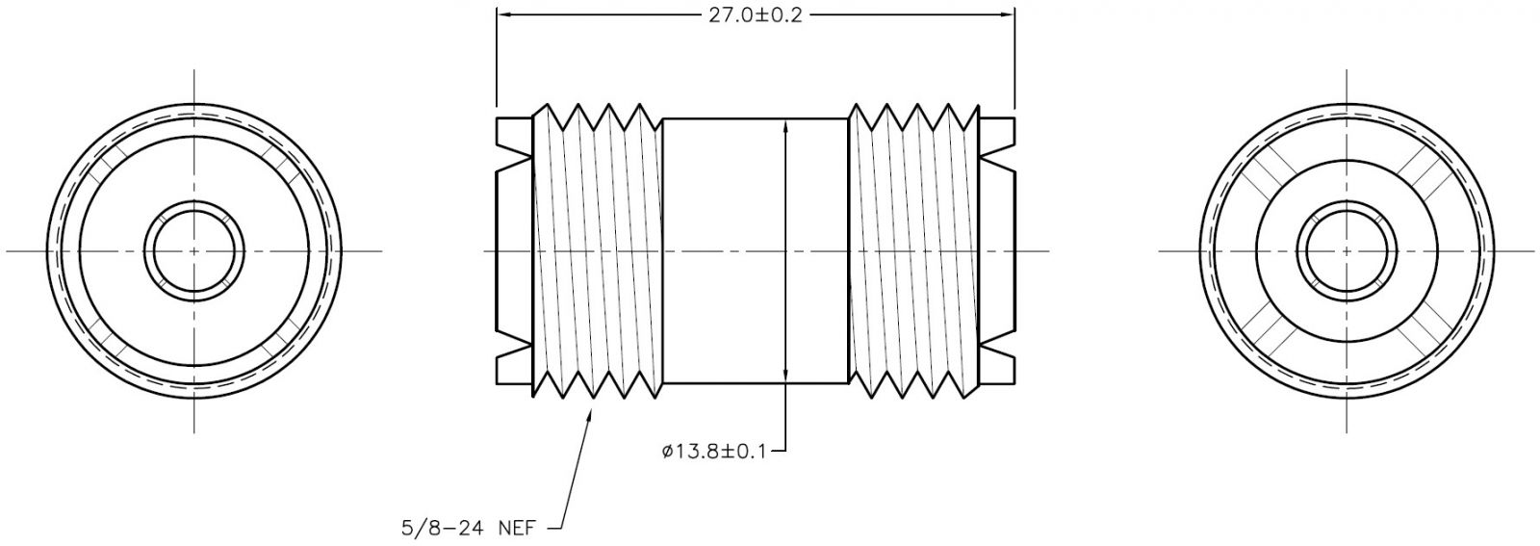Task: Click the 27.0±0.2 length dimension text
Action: point(756,15)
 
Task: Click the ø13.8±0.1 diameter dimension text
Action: point(713,451)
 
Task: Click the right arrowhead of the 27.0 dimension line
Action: point(1006,13)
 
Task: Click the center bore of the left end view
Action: point(193,251)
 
